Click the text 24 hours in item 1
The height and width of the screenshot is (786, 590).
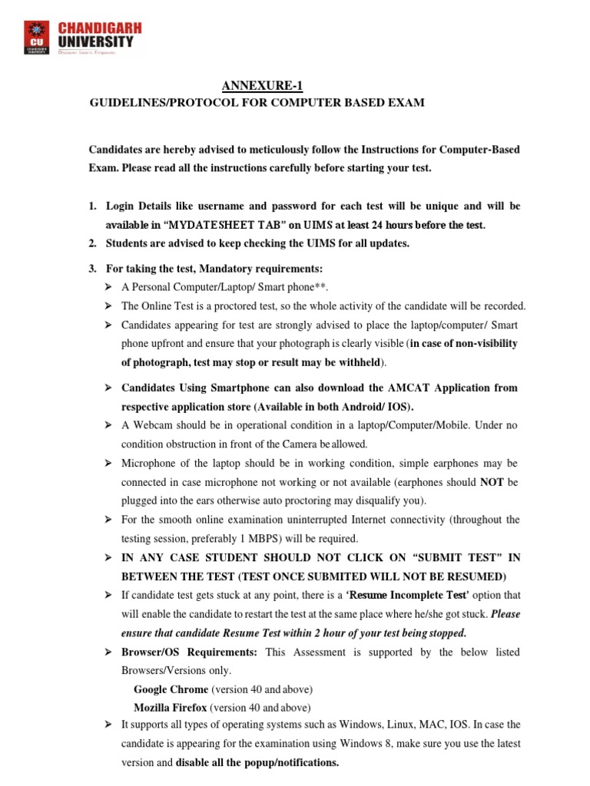pyautogui.click(x=390, y=225)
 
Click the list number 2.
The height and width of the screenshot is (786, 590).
pyautogui.click(x=92, y=244)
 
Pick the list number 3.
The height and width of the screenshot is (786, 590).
pyautogui.click(x=92, y=268)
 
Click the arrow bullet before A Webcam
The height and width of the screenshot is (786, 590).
pyautogui.click(x=108, y=425)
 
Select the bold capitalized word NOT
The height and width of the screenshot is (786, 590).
pyautogui.click(x=492, y=482)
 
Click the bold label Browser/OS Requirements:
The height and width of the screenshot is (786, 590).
pyautogui.click(x=191, y=652)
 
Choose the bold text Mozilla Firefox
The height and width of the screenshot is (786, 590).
pyautogui.click(x=170, y=708)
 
